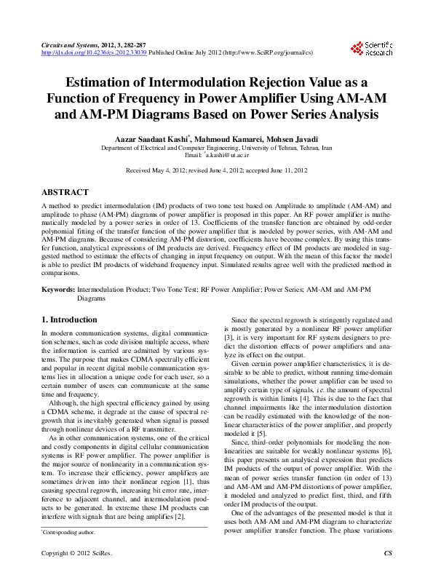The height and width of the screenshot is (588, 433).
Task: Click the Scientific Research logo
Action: tap(372, 49)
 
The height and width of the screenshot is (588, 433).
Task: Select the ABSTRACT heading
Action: tap(65, 192)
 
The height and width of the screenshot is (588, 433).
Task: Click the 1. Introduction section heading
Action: tap(69, 319)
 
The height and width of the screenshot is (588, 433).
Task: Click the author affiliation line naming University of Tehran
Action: tap(216, 148)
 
